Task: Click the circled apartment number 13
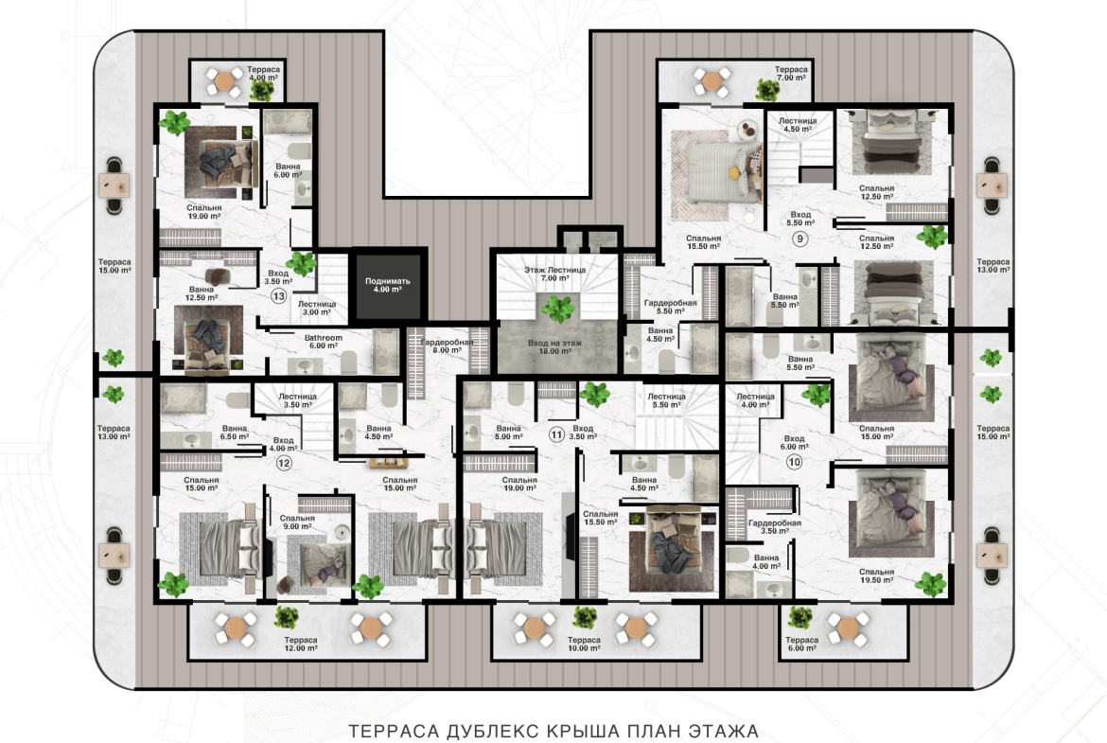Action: pos(279,296)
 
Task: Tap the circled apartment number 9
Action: pos(799,239)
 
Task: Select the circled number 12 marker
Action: pos(283,464)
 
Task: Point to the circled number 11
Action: pos(556,434)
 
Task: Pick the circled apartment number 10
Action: pos(794,462)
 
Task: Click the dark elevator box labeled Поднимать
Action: pos(388,285)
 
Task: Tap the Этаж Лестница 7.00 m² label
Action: pos(554,274)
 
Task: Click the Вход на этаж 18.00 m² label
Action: pos(554,346)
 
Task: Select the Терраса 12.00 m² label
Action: pos(301,644)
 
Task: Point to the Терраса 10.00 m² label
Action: pos(584,644)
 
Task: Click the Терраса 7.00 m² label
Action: pos(791,74)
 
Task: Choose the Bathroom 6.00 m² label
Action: pos(324,342)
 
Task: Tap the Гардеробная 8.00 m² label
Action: pos(447,346)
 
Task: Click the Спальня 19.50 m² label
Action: pos(877,575)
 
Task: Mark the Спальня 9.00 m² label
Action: pos(297,522)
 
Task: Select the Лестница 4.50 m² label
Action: pos(798,125)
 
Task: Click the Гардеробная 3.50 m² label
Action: pos(775,527)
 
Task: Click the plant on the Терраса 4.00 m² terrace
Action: pos(262,90)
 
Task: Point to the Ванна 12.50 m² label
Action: pos(202,293)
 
